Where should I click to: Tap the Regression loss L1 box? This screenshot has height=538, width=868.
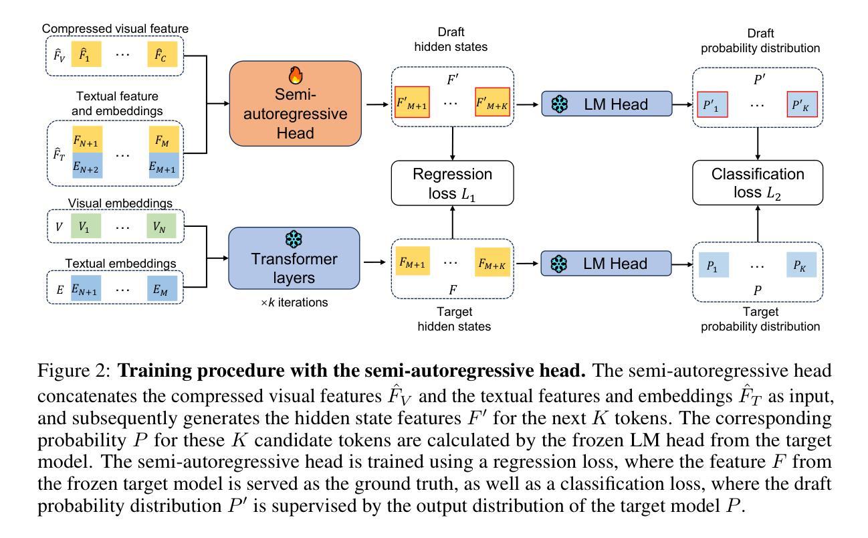[452, 183]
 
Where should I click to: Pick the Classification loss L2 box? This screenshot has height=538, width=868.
[758, 183]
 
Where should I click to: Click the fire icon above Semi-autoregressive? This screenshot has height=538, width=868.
[295, 74]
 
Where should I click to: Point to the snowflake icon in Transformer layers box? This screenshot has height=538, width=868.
[294, 240]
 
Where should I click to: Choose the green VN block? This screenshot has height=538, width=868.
[160, 227]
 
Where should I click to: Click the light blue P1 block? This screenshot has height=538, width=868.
[714, 265]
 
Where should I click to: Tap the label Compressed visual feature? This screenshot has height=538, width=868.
[114, 29]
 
